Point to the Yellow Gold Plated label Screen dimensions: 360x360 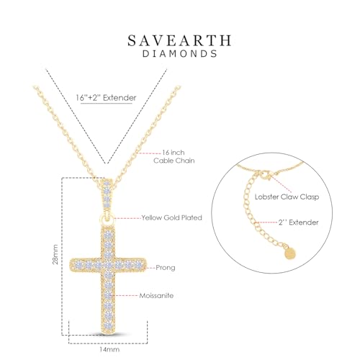pos(171,217)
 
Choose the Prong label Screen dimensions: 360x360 pos(166,267)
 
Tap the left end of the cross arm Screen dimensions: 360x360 pos(73,267)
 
